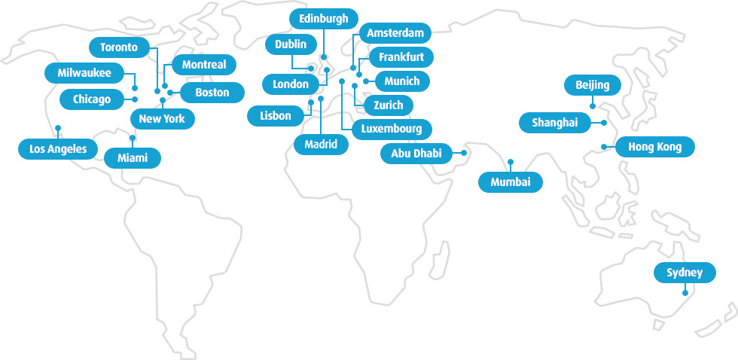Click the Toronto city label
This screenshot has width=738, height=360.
pyautogui.click(x=119, y=47)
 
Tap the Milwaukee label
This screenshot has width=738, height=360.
pyautogui.click(x=84, y=73)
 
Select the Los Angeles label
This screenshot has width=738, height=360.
pyautogui.click(x=58, y=149)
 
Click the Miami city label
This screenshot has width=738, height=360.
pyautogui.click(x=133, y=158)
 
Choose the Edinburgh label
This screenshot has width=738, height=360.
pyautogui.click(x=323, y=19)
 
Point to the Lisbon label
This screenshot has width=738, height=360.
pyautogui.click(x=275, y=116)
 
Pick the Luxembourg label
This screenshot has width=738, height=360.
pyautogui.click(x=391, y=129)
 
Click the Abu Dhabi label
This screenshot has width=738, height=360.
pyautogui.click(x=416, y=154)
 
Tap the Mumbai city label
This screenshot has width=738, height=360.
pyautogui.click(x=511, y=182)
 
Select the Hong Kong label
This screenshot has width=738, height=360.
pyautogui.click(x=654, y=147)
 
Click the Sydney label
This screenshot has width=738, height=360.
pyautogui.click(x=684, y=273)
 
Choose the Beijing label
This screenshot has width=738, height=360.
pyautogui.click(x=592, y=84)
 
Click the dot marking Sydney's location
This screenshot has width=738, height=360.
pyautogui.click(x=685, y=294)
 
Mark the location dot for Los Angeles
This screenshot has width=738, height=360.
pyautogui.click(x=57, y=127)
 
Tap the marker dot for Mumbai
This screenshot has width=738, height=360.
pyautogui.click(x=511, y=161)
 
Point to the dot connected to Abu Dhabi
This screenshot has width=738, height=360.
pyautogui.click(x=464, y=153)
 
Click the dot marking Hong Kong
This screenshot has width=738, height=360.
pyautogui.click(x=604, y=147)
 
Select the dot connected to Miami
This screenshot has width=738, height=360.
pyautogui.click(x=133, y=138)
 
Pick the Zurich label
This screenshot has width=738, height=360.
pyautogui.click(x=388, y=105)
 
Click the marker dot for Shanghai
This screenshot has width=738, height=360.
pyautogui.click(x=604, y=122)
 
